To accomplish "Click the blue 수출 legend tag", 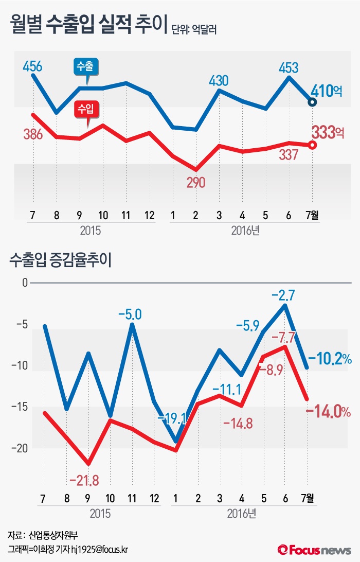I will tap(86, 66).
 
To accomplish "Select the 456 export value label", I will tap(32, 66).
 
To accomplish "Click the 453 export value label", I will tap(289, 67).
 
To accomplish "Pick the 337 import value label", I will tap(287, 154).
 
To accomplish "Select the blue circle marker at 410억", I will tap(312, 102).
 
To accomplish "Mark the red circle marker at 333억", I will tap(312, 145).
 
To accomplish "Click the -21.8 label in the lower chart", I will tap(84, 480).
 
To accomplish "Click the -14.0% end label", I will tap(328, 412).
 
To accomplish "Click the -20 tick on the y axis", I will tap(20, 448).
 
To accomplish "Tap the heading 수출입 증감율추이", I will tap(60, 260).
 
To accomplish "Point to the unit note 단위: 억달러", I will tap(195, 30).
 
